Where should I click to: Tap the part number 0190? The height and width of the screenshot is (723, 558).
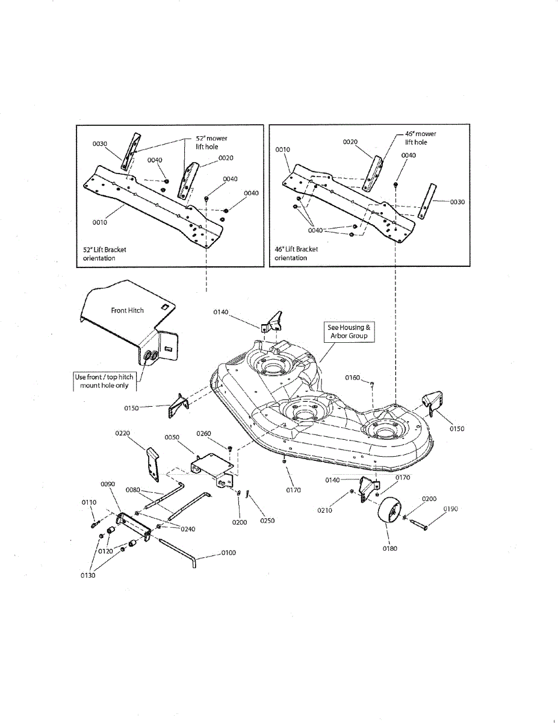pos(450,509)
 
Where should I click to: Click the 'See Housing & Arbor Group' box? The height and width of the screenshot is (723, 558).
pos(349,331)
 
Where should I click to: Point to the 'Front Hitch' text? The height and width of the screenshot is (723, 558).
pos(128,310)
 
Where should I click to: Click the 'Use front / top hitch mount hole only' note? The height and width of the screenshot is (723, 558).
pos(104,381)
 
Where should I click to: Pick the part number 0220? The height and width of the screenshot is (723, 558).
pos(123,433)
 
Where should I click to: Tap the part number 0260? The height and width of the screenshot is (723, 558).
pos(204,433)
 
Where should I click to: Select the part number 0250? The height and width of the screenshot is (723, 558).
pos(267,521)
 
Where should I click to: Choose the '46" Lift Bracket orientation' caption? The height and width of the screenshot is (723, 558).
pos(296,254)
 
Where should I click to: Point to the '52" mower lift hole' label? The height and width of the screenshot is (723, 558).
pos(211,142)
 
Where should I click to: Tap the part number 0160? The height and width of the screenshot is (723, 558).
pos(353,378)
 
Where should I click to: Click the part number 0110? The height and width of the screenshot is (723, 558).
pos(88,502)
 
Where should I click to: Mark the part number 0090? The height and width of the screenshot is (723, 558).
pos(108,483)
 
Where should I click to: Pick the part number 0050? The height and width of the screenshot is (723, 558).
pos(172,437)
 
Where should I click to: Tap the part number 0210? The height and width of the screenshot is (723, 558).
pos(325,510)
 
